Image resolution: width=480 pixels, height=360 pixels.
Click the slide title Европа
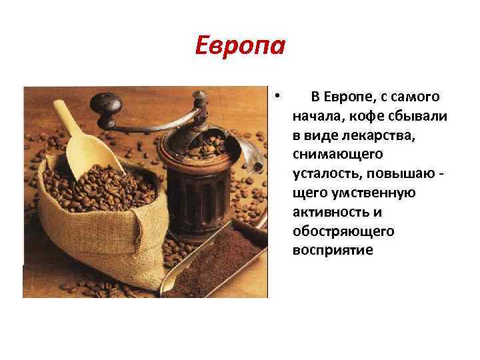pos(241,46)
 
